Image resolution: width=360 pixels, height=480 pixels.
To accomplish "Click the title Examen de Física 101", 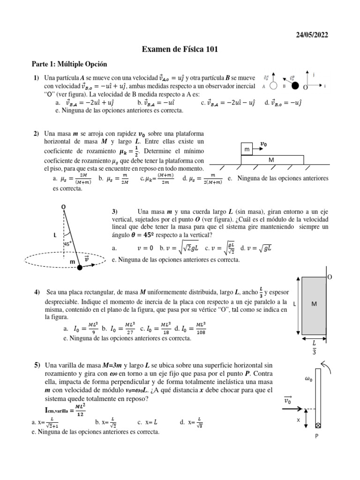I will click(180, 49).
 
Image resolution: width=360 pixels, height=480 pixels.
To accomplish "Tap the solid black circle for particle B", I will click(295, 86).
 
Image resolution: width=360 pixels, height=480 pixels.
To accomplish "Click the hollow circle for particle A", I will click(274, 86).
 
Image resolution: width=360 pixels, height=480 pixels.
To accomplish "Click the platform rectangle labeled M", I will click(272, 160).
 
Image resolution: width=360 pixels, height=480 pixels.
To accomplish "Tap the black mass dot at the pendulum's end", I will click(80, 267).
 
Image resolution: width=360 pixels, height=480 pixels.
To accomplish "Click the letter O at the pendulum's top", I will click(63, 206).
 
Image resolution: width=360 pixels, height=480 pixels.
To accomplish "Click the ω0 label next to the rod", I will click(308, 380).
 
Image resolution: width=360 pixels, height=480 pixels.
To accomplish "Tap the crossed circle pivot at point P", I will click(319, 426).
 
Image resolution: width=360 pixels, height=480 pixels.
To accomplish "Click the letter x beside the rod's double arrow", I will click(298, 420).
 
